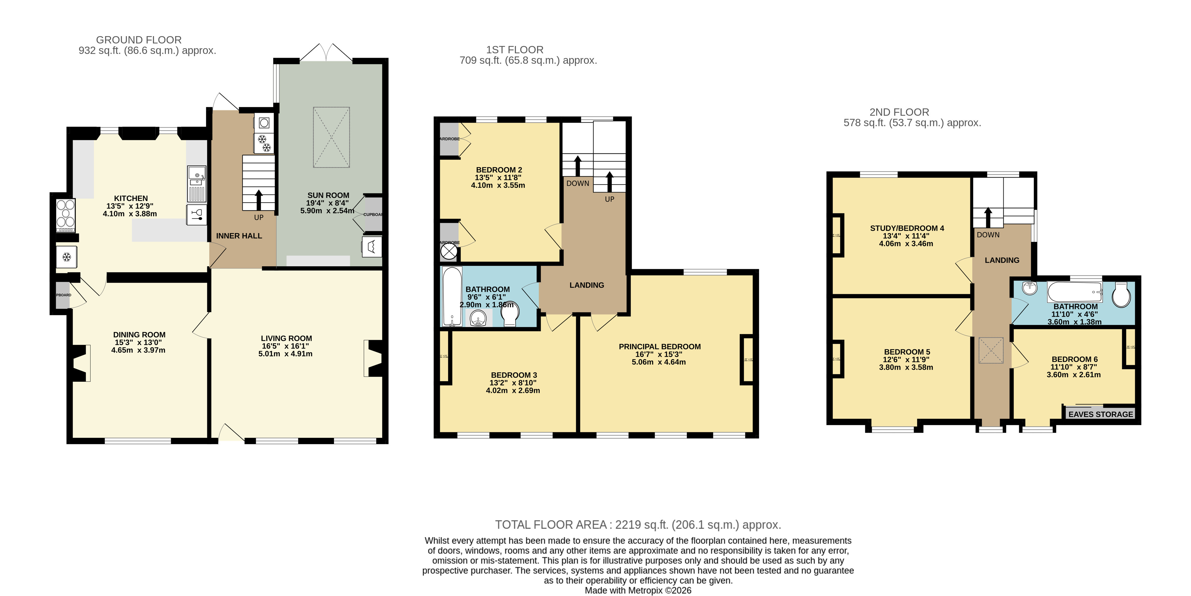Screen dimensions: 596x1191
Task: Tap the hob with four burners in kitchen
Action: [x=66, y=215]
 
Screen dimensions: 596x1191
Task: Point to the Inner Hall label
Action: [x=239, y=236]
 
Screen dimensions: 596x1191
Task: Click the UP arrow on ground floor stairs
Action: [x=258, y=200]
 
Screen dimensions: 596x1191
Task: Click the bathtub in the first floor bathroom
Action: [x=452, y=296]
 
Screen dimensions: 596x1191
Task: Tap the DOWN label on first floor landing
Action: [x=578, y=184]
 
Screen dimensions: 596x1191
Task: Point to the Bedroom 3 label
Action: [x=514, y=375]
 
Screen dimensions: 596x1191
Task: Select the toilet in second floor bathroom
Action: [x=1121, y=295]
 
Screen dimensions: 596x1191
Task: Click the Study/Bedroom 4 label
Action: [x=907, y=228]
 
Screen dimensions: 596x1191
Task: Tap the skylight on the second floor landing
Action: [x=991, y=350]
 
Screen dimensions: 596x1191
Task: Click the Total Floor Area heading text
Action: [x=638, y=525]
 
